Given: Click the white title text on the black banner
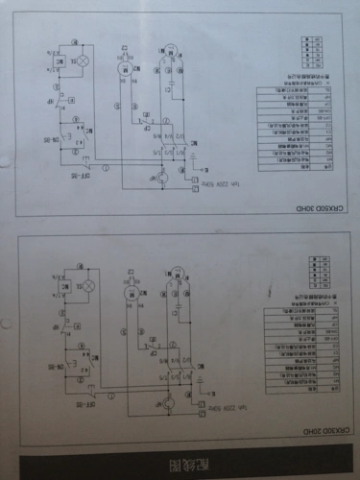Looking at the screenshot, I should pos(199,466).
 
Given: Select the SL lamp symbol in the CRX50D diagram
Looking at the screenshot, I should pos(83,61).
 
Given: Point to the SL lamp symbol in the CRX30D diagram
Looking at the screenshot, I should pos(89,285).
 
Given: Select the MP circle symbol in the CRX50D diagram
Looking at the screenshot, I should pos(162,178).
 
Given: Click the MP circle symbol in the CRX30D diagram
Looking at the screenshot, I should pos(165,404).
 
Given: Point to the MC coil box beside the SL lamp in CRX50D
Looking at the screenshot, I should pos(57,61).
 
